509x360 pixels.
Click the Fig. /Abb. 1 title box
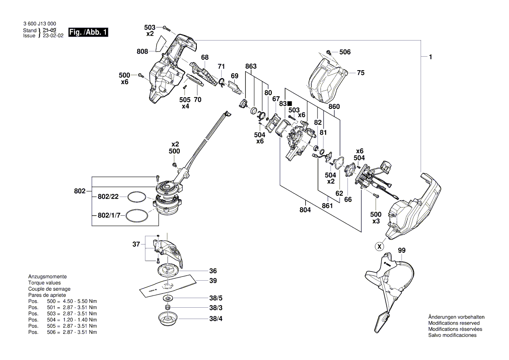[x=88, y=33]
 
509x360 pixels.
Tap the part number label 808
[x=142, y=51]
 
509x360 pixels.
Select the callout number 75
[x=361, y=73]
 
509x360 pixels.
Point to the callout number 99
[x=401, y=251]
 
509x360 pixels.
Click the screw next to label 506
[x=330, y=51]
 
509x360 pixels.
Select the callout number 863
[x=251, y=66]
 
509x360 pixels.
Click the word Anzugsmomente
[x=47, y=277]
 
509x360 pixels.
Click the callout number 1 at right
[x=430, y=57]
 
